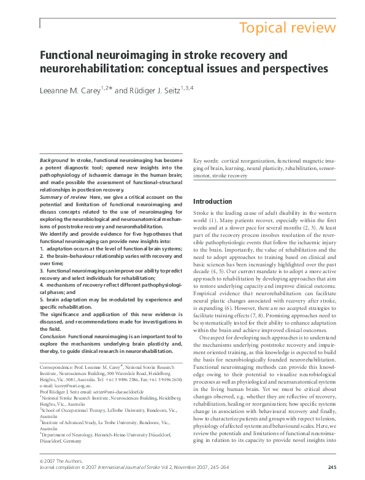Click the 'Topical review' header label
click(287, 28)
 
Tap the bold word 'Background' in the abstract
click(50, 160)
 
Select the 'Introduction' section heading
click(212, 201)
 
